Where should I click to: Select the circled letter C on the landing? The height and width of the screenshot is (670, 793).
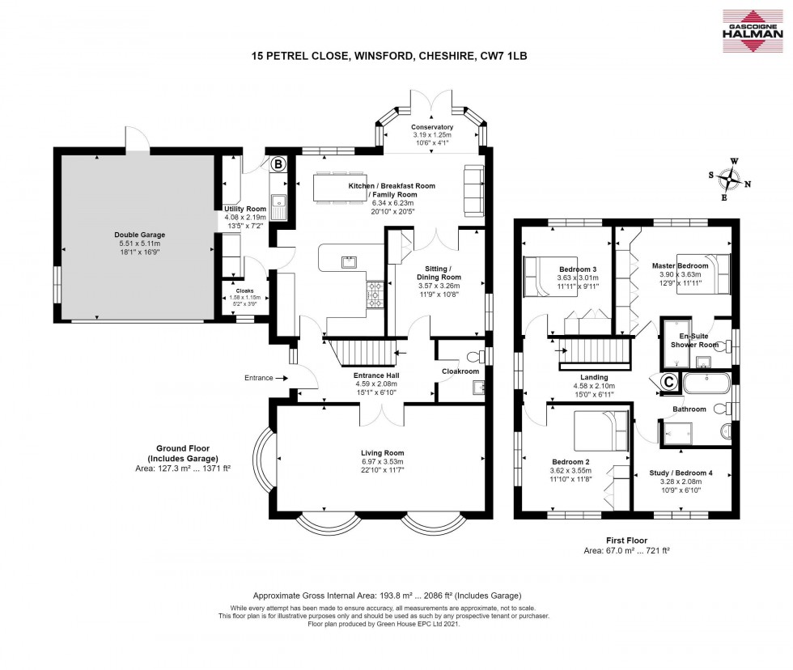[x=670, y=381]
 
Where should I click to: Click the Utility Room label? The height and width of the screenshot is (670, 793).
[x=244, y=209]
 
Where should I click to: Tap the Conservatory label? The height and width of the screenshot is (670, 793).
[x=431, y=127]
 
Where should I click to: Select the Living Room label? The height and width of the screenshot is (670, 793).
[x=383, y=453]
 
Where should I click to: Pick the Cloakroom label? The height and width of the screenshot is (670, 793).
[x=460, y=371]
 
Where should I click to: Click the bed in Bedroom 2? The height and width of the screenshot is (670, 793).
[x=600, y=431]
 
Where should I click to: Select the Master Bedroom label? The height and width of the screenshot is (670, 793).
[x=680, y=265]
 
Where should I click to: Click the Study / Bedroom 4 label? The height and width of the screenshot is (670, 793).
[x=682, y=473]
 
